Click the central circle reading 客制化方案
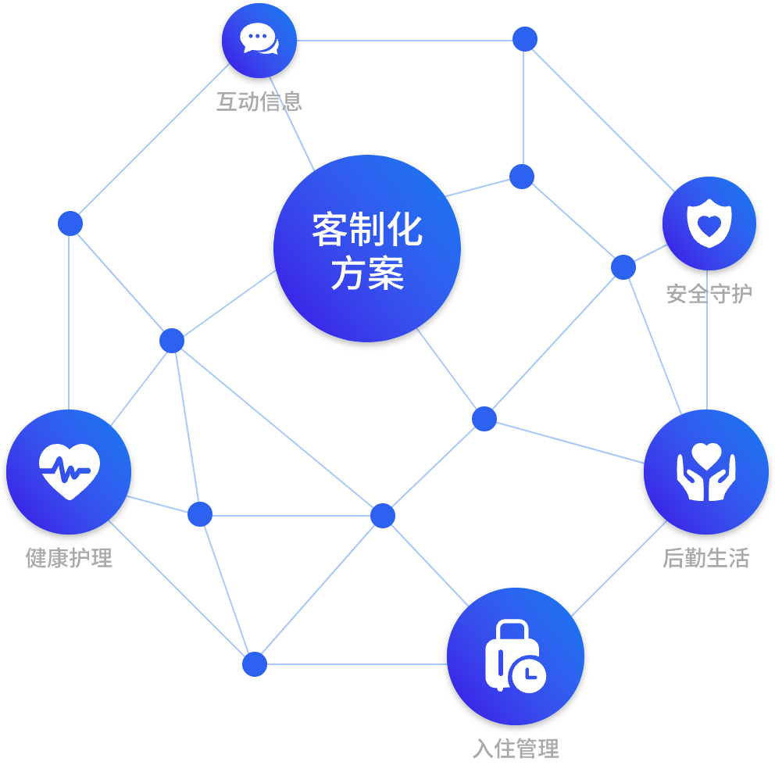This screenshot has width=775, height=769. (366, 249)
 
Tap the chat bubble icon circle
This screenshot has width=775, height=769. (259, 40)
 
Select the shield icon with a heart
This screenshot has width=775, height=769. (709, 223)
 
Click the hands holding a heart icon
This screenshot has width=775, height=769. (706, 472)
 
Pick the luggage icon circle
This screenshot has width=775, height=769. (515, 656)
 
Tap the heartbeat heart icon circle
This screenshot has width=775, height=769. (69, 471)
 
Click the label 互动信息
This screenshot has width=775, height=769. (259, 102)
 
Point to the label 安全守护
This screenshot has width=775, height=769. (709, 294)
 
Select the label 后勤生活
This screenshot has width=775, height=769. (706, 558)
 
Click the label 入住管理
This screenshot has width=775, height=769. (516, 749)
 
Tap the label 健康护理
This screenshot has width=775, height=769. (69, 558)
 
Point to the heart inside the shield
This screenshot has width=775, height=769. (709, 225)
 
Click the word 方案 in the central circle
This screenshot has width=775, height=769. (366, 274)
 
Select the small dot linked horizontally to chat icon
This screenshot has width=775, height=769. (525, 39)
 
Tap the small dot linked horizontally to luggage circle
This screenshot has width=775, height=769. (255, 664)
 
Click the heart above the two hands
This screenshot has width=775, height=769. (706, 455)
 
